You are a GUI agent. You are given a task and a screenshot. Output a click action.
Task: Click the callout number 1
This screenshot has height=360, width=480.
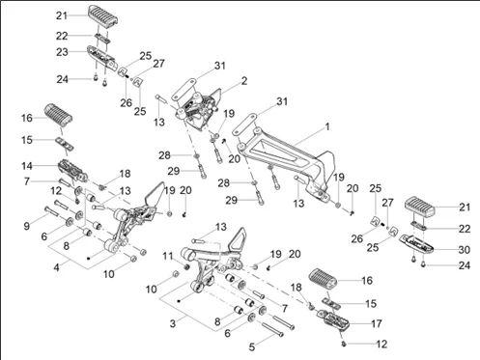[327, 127]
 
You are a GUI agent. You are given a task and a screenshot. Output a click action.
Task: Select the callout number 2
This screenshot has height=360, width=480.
[244, 81]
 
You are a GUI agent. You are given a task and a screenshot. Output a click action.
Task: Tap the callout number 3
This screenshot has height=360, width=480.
[173, 323]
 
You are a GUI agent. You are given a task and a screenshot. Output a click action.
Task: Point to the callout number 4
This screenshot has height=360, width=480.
[57, 267]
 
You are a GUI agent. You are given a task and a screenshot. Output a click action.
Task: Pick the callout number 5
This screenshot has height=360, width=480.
[252, 347]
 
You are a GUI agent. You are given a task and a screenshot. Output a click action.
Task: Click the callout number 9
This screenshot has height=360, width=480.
[27, 226]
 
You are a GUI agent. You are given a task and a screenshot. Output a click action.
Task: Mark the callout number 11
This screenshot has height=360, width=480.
[168, 257]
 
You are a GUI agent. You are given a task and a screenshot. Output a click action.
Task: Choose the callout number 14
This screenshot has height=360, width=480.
[27, 166]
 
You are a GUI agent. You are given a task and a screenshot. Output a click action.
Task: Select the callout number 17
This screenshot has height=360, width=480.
[377, 323]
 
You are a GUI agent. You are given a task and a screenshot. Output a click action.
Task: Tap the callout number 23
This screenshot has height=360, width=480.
[62, 52]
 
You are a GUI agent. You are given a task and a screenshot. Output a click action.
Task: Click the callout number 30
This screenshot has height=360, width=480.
[465, 250]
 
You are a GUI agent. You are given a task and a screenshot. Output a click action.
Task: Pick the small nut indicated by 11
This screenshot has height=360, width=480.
[186, 266]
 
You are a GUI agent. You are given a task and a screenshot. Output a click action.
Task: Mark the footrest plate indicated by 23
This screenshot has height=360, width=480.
[101, 58]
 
